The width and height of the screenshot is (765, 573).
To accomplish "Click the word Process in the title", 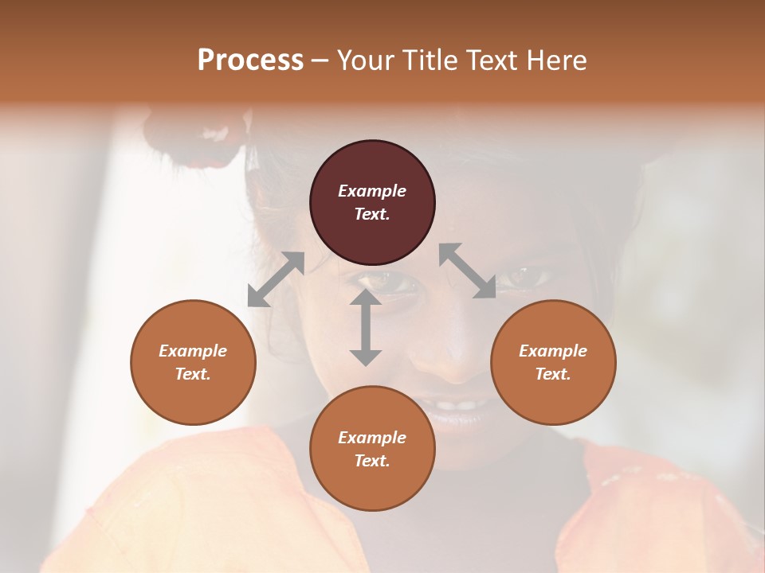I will tap(250, 60).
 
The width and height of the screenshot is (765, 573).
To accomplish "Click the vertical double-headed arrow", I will tap(365, 327).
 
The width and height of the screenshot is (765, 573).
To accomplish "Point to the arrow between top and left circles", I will tap(276, 279).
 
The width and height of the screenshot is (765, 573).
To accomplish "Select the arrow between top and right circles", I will tap(468, 271).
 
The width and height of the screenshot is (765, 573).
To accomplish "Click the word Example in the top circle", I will tap(372, 191).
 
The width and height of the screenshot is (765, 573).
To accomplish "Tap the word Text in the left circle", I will tap(193, 374).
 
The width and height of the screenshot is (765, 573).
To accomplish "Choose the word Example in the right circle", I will tap(553, 351).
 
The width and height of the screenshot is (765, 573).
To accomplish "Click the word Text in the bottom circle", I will tap(372, 461).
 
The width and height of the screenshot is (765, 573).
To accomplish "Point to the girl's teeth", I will tap(457, 405).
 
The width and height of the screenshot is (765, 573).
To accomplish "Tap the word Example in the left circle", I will tap(193, 351).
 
